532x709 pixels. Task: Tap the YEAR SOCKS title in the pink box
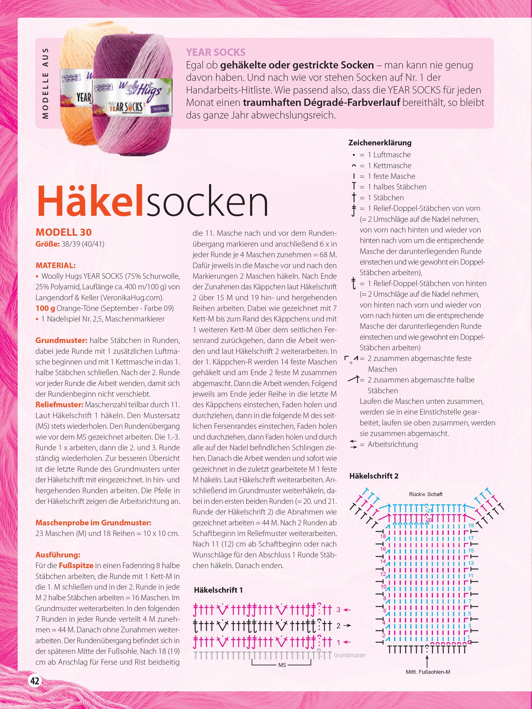click(215, 52)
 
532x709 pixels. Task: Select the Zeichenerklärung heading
click(380, 143)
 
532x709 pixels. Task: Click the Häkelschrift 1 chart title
click(218, 590)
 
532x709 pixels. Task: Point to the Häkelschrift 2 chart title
click(374, 476)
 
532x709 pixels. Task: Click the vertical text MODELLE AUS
click(45, 83)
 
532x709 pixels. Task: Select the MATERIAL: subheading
click(55, 265)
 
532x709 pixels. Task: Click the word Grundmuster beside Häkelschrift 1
click(350, 655)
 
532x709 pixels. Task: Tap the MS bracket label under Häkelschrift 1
click(282, 665)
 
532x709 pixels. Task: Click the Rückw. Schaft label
click(426, 494)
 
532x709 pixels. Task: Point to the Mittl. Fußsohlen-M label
click(428, 672)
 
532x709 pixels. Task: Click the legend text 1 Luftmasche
click(392, 155)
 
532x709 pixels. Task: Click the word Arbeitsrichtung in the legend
click(393, 444)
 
